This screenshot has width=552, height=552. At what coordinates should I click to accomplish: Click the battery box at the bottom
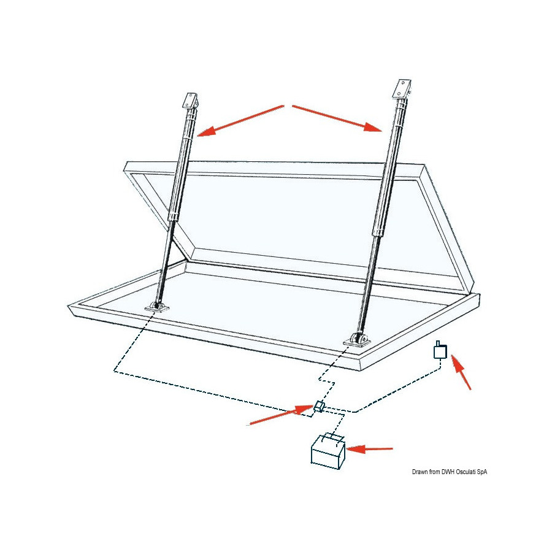[328, 453]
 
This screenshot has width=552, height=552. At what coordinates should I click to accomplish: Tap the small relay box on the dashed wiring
[318, 407]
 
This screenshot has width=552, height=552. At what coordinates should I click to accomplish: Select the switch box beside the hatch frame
[440, 350]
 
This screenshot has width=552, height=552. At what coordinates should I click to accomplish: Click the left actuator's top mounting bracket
[190, 101]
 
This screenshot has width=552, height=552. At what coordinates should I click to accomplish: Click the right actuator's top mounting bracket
[402, 89]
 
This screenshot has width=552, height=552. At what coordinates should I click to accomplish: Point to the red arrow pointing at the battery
[370, 449]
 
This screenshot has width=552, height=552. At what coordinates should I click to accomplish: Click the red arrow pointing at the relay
[282, 415]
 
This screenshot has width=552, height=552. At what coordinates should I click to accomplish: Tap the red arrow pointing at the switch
[461, 372]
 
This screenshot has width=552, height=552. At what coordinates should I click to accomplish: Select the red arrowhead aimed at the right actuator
[373, 127]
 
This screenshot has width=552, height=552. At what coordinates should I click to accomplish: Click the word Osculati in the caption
[467, 472]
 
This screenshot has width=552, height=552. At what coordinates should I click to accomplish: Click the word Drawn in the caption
[420, 472]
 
